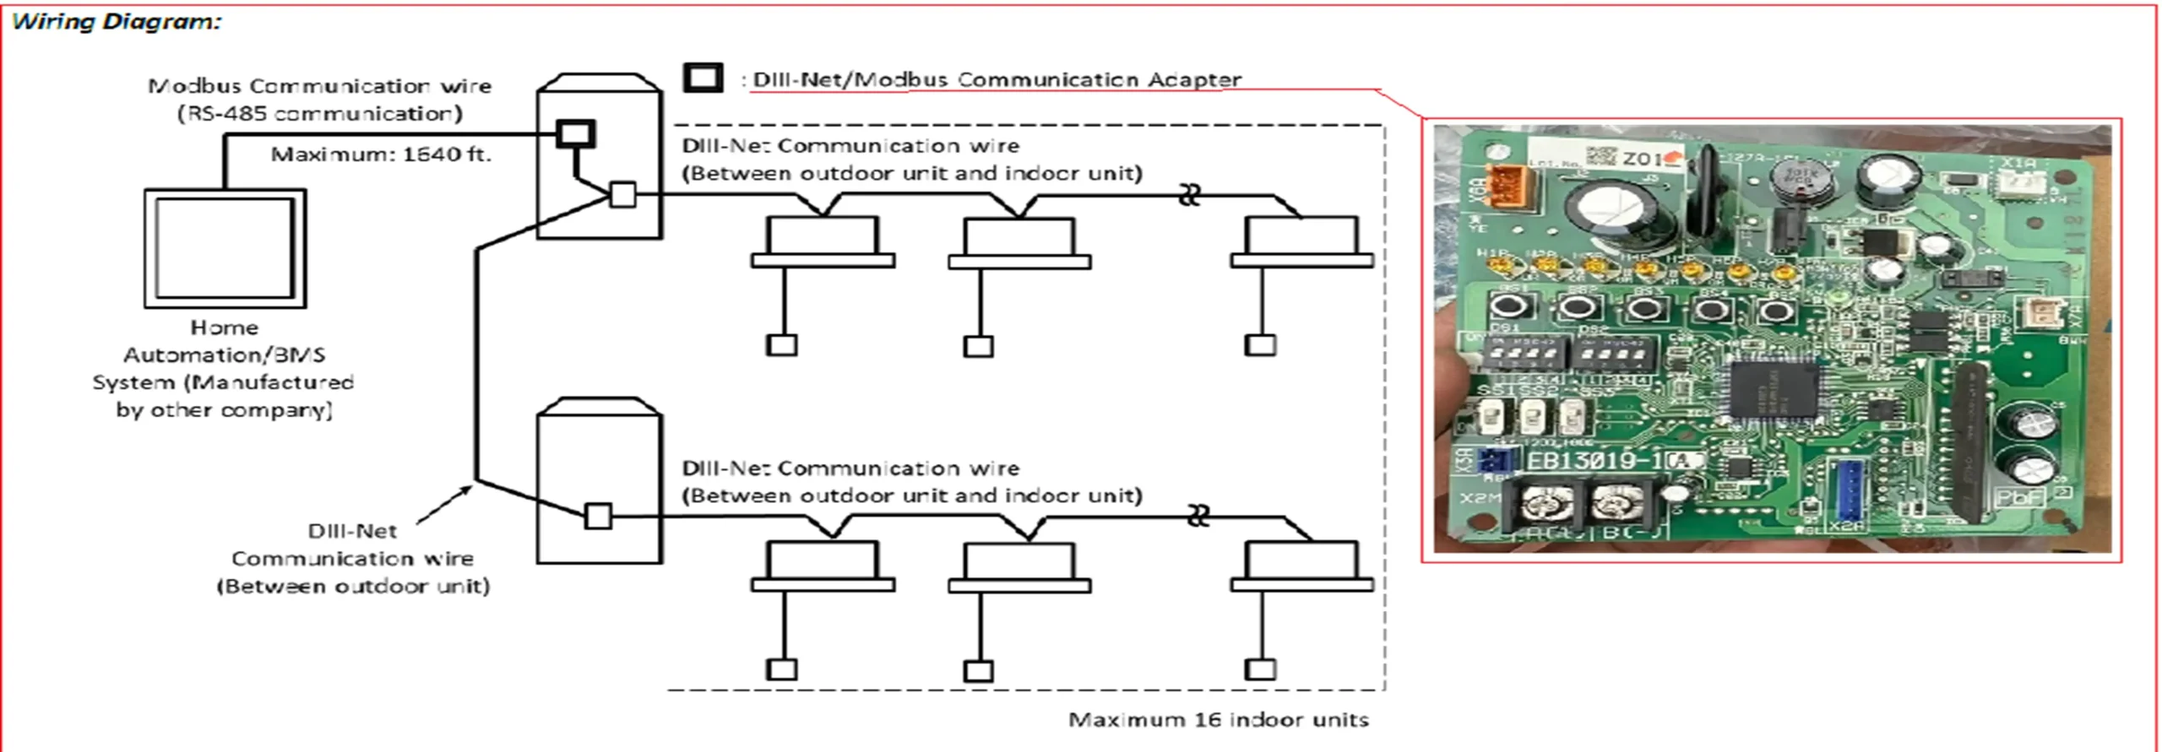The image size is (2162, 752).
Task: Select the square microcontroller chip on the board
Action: [1773, 392]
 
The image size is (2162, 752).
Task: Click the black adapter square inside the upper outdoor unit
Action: [575, 134]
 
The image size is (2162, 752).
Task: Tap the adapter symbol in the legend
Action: [703, 78]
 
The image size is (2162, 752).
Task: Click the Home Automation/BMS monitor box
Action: [225, 248]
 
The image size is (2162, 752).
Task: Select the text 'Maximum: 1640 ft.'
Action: [380, 154]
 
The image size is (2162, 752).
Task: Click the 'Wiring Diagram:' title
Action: [116, 21]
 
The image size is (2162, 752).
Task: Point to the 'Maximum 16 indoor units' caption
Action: [1218, 720]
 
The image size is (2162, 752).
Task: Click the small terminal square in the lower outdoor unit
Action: [598, 515]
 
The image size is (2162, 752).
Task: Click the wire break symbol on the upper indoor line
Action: [1189, 197]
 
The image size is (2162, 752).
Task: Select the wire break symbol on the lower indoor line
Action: [1197, 516]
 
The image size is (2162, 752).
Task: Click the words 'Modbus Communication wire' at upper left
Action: [319, 86]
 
